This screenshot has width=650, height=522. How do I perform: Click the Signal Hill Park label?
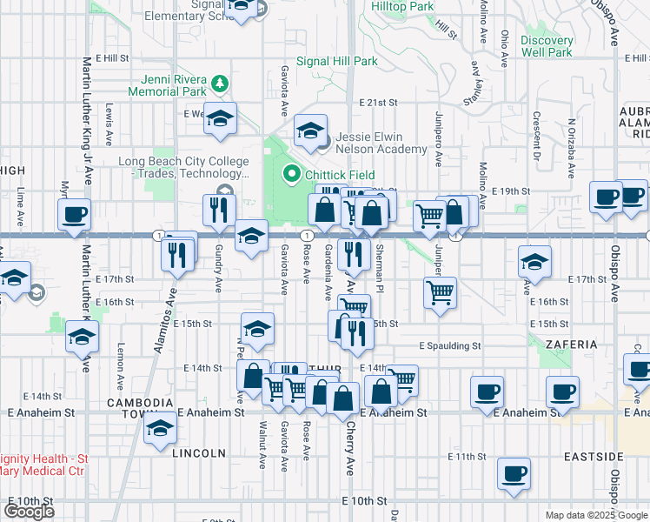(337, 62)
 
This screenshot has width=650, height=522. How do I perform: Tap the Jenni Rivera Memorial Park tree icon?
(222, 84)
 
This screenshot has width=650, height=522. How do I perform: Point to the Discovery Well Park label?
(547, 46)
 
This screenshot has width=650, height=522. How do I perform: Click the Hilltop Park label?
(402, 6)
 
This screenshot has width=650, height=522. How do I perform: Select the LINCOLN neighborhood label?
(199, 453)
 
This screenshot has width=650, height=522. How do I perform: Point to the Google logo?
(29, 512)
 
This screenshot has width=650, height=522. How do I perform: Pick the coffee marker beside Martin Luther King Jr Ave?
(73, 213)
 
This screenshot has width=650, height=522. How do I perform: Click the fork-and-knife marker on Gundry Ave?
(218, 209)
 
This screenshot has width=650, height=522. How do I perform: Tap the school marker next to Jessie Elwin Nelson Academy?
(310, 130)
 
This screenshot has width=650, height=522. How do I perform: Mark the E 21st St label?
(376, 103)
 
